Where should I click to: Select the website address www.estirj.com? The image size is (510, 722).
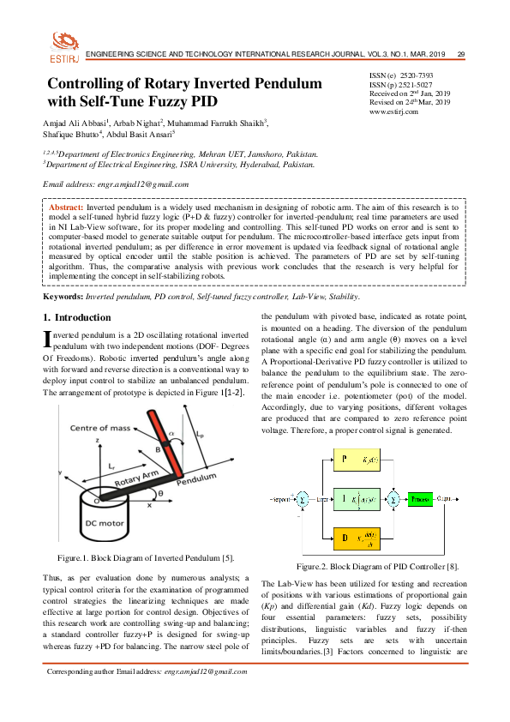click(x=393, y=111)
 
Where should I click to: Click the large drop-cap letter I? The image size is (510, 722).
click(x=48, y=340)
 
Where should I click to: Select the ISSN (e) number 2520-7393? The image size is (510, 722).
click(x=417, y=76)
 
